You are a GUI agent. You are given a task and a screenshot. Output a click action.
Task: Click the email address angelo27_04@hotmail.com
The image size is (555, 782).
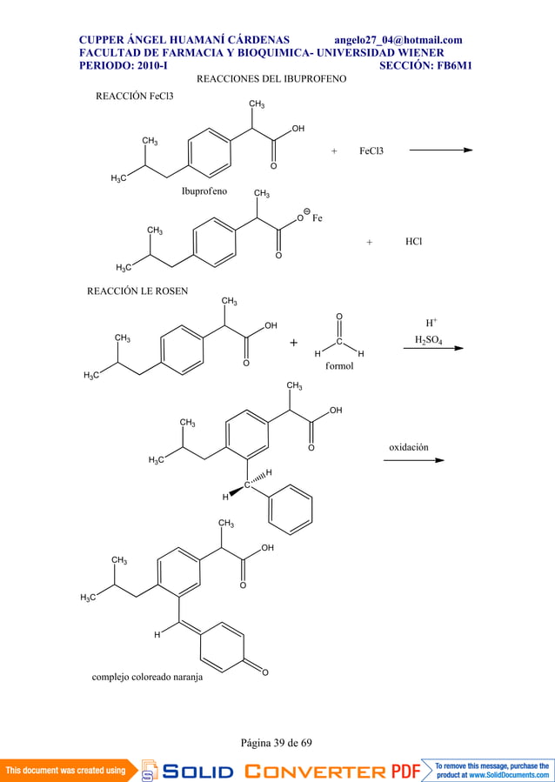click(x=398, y=40)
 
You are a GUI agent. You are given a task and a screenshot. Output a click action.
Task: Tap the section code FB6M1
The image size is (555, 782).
click(x=454, y=65)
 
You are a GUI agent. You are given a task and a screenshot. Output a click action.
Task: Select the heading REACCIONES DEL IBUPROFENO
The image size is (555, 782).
click(x=271, y=79)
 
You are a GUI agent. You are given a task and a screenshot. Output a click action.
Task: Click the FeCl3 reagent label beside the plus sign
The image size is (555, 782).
click(x=371, y=150)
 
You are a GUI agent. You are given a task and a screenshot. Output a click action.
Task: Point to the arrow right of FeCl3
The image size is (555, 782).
click(x=441, y=150)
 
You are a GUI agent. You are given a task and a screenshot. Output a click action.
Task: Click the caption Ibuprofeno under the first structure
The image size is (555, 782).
click(x=204, y=191)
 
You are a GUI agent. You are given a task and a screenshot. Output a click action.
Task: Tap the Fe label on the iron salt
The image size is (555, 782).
click(x=318, y=218)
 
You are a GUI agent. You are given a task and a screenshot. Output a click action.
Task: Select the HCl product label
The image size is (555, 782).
click(x=413, y=241)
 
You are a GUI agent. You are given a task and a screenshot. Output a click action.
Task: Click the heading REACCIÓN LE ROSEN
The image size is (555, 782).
click(x=137, y=291)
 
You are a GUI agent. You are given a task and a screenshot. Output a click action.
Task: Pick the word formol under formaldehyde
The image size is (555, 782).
click(x=339, y=365)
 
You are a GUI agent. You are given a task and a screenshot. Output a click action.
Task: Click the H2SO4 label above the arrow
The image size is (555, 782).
click(x=429, y=340)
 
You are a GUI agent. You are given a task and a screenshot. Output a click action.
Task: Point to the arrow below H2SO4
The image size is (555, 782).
click(x=433, y=348)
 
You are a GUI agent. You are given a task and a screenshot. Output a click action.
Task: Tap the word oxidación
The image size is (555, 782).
click(x=408, y=447)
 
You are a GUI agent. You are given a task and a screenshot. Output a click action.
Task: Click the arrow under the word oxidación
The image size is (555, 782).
click(x=414, y=460)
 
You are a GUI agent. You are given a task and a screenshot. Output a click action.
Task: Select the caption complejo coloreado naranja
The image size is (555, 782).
click(x=147, y=678)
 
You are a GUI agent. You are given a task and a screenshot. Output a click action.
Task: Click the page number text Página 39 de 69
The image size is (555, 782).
click(x=277, y=743)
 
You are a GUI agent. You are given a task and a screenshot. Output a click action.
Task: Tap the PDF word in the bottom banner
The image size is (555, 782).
click(x=405, y=771)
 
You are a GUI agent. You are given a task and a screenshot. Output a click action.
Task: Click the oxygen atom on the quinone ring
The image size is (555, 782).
click(x=264, y=672)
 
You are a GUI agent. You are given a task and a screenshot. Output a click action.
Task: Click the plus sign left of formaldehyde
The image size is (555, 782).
click(x=294, y=343)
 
